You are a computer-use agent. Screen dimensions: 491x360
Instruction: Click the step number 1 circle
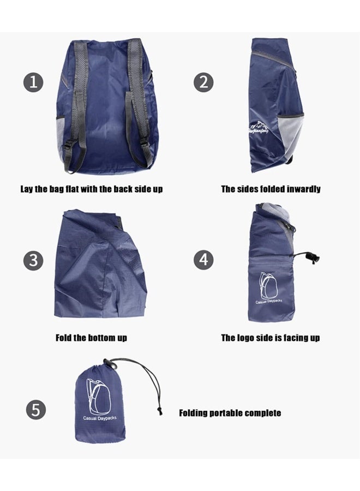(33, 83)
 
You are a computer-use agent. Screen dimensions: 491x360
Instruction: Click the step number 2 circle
(203, 83)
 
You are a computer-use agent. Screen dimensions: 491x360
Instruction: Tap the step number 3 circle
(33, 260)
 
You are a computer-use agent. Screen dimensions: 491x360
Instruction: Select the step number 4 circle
(203, 259)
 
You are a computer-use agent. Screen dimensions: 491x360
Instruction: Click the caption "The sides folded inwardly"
(271, 189)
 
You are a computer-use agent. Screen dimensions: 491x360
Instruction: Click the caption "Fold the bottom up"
(91, 338)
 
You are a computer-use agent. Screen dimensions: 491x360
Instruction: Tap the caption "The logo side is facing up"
(270, 338)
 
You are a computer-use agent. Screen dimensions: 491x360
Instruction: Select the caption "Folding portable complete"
(230, 413)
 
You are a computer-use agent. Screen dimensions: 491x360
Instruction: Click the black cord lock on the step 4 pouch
(313, 258)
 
